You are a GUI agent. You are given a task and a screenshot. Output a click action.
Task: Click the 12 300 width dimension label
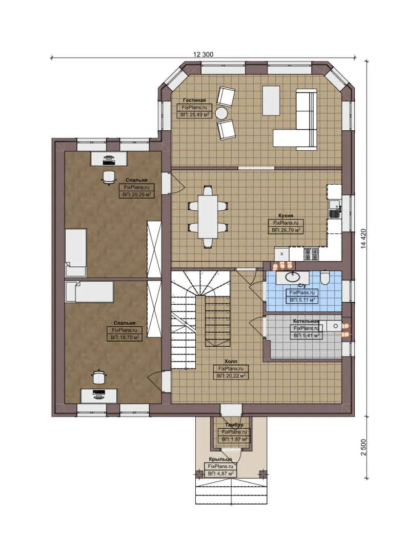pos(203,54)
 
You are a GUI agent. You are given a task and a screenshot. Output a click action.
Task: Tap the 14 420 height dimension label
pos(363,238)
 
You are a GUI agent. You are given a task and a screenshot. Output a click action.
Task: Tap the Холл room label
pos(231,361)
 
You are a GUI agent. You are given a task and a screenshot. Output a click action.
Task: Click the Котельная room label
pos(306,321)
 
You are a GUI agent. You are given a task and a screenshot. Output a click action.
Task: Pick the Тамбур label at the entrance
pos(234,425)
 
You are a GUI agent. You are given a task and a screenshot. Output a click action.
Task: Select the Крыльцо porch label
pos(220,459)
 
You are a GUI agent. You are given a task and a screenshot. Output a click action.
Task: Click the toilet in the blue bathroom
pos(324,279)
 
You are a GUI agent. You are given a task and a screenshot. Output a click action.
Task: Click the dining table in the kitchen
pos(208,216)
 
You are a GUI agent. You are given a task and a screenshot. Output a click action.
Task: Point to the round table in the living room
pos(221,113)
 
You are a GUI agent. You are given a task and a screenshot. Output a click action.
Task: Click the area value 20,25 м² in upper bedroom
pos(136,195)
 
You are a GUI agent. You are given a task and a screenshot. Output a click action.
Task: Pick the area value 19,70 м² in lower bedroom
pos(125,338)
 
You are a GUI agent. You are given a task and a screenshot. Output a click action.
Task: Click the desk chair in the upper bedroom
pos(108,177)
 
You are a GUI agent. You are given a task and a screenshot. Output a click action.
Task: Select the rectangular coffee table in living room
pos(271,101)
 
